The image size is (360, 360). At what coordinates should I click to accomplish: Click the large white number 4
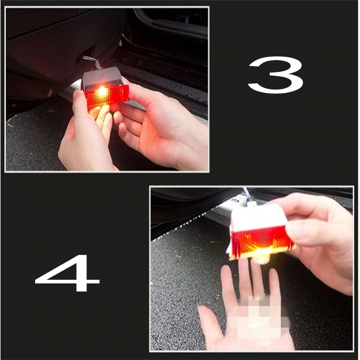[67, 273]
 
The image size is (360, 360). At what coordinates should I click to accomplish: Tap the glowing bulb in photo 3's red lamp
[102, 91]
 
